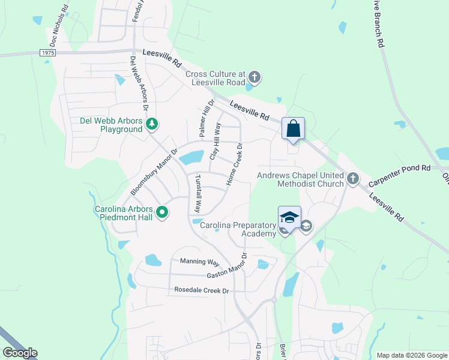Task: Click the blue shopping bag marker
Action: pos(293,129)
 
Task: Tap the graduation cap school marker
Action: pos(289,218)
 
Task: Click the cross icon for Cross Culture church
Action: pos(255,77)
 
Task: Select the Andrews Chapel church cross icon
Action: pos(353,178)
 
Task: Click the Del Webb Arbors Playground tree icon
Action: pos(152,124)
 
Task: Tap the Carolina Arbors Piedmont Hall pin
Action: pos(162,212)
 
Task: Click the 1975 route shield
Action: pos(49,53)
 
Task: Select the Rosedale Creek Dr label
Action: pos(202,290)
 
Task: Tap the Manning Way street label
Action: pos(200,262)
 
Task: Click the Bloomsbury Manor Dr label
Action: pos(154,172)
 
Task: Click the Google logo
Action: pos(20,352)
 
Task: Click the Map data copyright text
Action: pos(411,355)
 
